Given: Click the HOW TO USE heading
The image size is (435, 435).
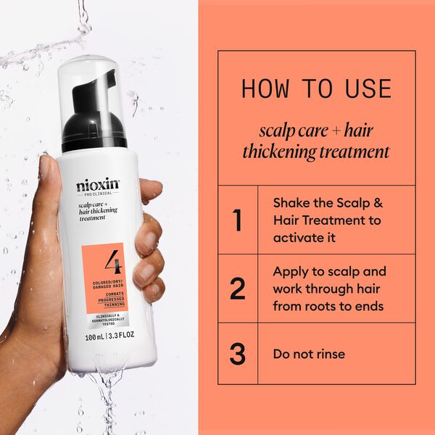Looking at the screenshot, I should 316,88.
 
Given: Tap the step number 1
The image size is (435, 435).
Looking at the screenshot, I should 237,220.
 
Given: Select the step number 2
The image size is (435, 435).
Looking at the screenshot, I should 237,289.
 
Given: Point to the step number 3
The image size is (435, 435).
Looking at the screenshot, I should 237,355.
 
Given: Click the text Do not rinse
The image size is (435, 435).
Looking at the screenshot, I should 309,355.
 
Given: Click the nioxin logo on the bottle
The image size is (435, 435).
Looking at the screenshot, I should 98,185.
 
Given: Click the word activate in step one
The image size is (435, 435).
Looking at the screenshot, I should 297,237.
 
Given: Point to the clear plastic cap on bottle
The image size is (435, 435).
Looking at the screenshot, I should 95,80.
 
